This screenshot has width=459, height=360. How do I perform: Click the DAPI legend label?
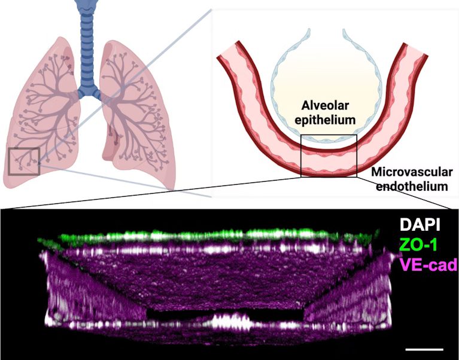420,225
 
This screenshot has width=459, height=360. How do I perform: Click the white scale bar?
424,349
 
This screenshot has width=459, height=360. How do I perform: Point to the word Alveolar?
325,105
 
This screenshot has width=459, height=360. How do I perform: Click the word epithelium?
325,120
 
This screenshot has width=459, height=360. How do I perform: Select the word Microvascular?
412,172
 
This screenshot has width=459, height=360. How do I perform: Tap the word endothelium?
412,187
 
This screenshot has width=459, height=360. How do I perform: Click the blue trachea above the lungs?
87,44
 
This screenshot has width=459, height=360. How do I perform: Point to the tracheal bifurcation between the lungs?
88,94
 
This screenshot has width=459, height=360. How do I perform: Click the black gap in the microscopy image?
225,314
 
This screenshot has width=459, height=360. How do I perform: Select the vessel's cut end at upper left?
227,50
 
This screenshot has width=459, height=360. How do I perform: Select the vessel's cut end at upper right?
415,48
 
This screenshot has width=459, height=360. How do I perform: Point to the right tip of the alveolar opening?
344,30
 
